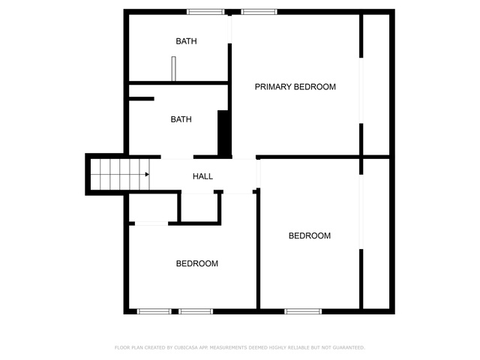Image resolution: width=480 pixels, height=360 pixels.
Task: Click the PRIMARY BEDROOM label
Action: tap(295, 87)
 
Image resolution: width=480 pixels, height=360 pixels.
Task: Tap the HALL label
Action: tap(202, 176)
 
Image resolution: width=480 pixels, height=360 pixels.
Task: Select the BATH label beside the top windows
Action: tap(186, 41)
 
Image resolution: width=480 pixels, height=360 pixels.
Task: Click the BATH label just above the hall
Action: tap(181, 119)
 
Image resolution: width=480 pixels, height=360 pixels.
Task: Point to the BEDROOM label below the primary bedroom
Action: tap(310, 235)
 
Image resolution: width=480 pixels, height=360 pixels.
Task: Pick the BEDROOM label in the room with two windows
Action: tap(197, 263)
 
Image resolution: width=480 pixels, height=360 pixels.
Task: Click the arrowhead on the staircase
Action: tap(147, 175)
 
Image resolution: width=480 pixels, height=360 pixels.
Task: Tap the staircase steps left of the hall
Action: tap(120, 175)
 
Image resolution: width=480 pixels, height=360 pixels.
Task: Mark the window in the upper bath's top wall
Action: tap(205, 12)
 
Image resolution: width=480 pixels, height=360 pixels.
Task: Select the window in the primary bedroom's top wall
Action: tap(259, 12)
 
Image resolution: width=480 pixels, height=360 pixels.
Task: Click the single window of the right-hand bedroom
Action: tap(303, 311)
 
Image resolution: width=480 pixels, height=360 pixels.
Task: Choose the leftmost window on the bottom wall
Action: tap(154, 311)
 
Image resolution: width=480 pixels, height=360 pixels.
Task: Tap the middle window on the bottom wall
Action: tap(196, 311)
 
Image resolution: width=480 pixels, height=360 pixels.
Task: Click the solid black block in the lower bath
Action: tap(224, 133)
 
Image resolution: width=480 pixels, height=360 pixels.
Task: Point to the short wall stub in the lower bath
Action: tap(142, 98)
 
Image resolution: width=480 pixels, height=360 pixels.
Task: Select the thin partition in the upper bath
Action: tap(173, 69)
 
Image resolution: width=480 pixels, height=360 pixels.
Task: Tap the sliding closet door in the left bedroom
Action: tap(151, 223)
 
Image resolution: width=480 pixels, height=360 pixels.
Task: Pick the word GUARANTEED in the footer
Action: tap(349, 347)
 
